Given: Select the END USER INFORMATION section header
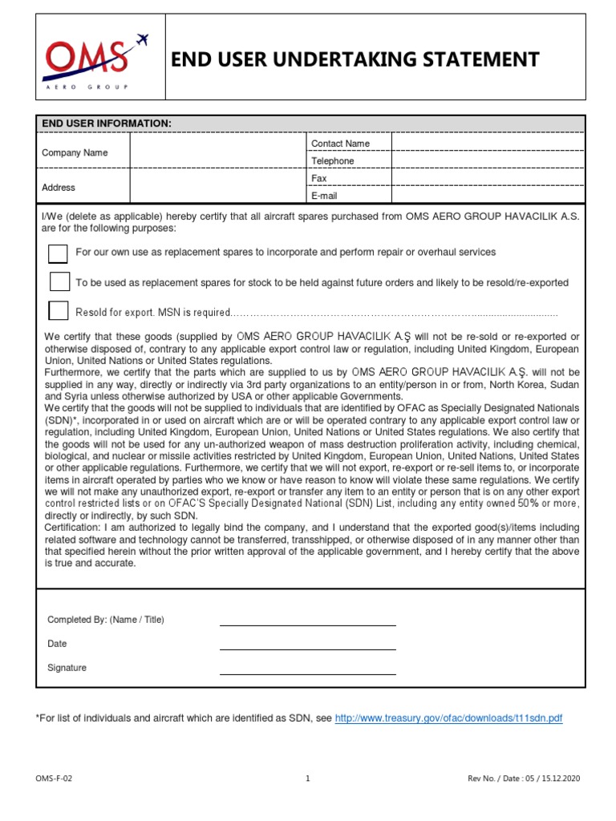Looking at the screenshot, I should click(107, 123).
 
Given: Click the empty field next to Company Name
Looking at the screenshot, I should click(217, 152).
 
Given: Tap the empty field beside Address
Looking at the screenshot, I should click(217, 187).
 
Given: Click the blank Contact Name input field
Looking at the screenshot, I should click(488, 144).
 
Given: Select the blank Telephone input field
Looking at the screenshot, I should click(488, 161).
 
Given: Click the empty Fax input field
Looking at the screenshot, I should click(488, 178).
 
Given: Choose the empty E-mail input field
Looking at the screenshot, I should click(488, 196).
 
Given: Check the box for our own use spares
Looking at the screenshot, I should click(59, 253).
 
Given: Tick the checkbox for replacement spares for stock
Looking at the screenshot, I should click(59, 281).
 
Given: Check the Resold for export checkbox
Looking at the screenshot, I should click(59, 310).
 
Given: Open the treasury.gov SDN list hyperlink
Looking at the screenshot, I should click(448, 718).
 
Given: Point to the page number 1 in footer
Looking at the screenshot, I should click(308, 779).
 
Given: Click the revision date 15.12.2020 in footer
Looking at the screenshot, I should click(561, 779).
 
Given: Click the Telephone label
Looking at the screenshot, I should click(333, 161).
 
